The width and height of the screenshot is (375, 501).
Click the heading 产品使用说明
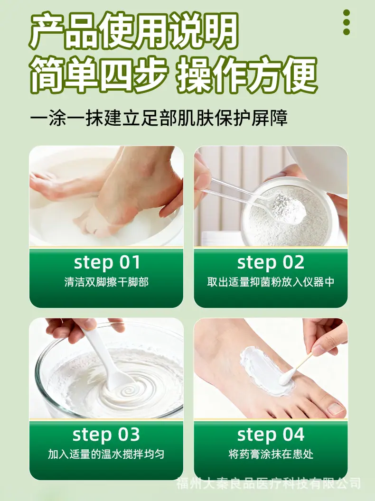(134, 30)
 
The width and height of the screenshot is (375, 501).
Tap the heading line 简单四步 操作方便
(174, 75)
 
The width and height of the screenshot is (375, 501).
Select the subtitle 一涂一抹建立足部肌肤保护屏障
(159, 118)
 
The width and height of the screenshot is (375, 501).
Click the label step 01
(107, 262)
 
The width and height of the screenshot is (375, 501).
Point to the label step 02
(271, 262)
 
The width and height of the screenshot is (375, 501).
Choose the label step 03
(106, 435)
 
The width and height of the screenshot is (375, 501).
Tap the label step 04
(271, 435)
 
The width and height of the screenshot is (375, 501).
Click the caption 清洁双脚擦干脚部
(106, 282)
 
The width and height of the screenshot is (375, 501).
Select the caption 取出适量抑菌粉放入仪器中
(271, 282)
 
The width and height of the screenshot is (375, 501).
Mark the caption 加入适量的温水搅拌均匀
(106, 454)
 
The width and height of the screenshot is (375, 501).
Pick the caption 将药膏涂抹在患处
(271, 454)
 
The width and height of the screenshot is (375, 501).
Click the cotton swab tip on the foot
(284, 380)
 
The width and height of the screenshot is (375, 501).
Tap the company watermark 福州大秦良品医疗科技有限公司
(269, 483)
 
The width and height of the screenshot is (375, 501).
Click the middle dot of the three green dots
(346, 22)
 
